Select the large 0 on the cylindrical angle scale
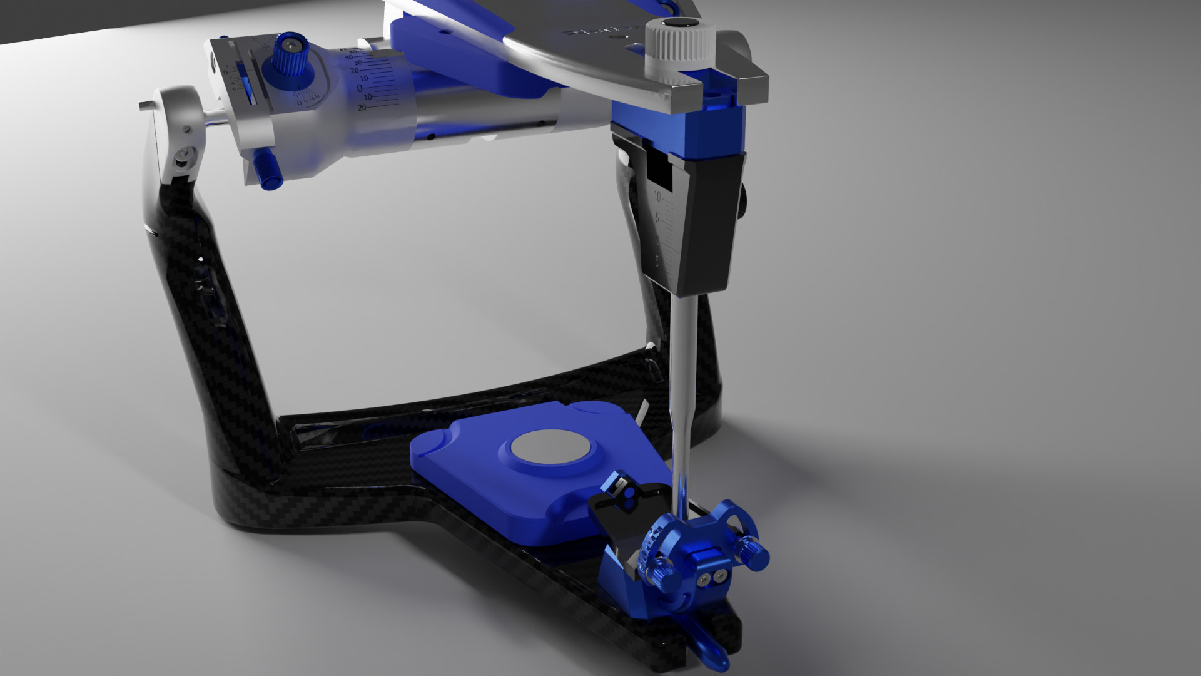point(360,88)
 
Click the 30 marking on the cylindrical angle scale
point(358,63)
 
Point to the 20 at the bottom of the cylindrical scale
point(362,108)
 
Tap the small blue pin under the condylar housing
point(270,171)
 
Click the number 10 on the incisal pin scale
point(657,197)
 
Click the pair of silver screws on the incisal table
point(713,580)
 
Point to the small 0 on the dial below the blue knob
point(299,102)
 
